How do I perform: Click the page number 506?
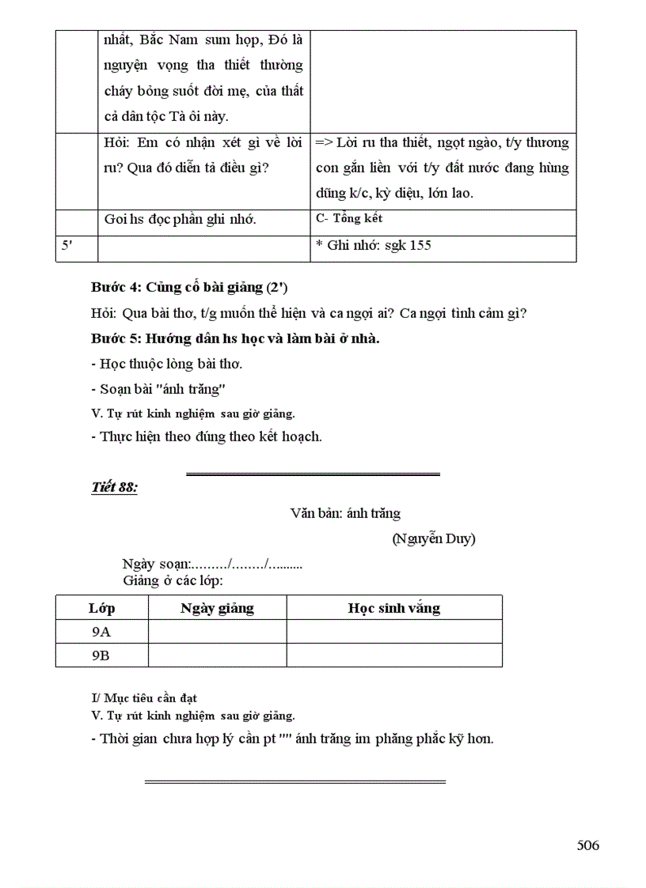click(587, 845)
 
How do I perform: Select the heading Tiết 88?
click(115, 487)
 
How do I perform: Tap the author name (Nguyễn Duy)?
click(433, 539)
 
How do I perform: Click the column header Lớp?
click(101, 608)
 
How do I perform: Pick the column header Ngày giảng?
click(217, 608)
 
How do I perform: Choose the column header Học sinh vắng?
click(393, 608)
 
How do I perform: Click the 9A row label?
click(101, 632)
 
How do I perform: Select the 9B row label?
click(101, 656)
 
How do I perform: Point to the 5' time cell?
click(68, 245)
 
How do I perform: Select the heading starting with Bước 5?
click(235, 338)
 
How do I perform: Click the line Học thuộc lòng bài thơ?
click(166, 364)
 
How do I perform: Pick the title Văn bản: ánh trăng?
click(345, 513)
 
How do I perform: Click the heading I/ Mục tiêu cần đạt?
click(144, 698)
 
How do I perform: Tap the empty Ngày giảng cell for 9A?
click(217, 632)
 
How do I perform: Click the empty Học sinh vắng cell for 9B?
click(393, 656)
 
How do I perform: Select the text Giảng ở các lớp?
click(173, 580)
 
